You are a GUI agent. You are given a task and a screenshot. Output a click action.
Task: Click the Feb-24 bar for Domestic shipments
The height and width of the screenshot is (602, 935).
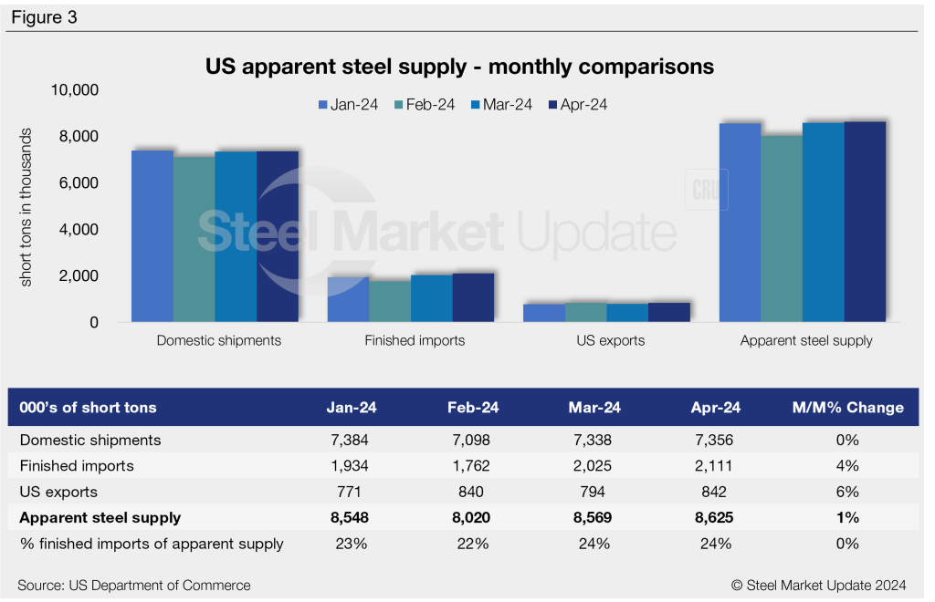tap(194, 239)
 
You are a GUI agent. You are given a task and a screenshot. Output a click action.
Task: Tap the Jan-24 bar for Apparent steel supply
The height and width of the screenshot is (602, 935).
tap(740, 223)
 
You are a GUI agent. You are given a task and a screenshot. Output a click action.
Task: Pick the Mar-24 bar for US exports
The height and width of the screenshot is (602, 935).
tap(627, 313)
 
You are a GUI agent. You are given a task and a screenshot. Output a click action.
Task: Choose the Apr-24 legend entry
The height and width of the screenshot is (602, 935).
tap(577, 105)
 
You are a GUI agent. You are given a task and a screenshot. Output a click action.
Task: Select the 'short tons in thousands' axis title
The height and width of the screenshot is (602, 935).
tap(26, 207)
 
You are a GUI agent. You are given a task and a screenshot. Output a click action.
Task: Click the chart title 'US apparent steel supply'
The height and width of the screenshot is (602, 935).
tap(459, 67)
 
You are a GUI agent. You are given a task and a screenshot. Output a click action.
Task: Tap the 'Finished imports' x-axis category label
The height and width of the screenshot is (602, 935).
tap(415, 341)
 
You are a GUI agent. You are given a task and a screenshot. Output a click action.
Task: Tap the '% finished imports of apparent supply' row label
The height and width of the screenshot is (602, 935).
tap(152, 545)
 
